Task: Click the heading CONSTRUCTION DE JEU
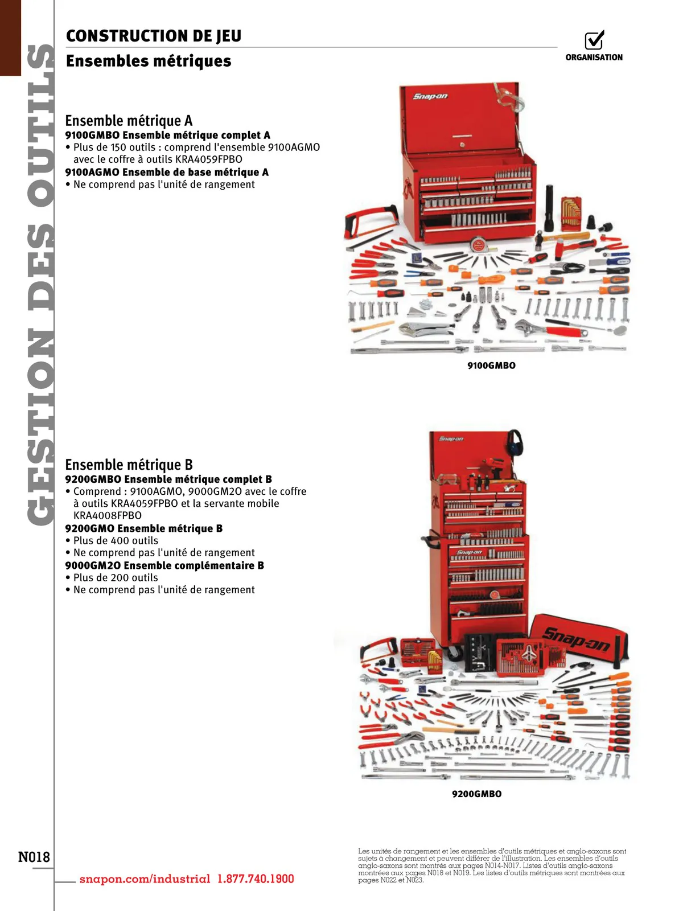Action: (x=154, y=36)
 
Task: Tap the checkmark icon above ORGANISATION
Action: (x=594, y=40)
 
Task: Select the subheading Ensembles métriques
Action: (x=149, y=61)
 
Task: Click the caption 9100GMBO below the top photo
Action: (x=491, y=366)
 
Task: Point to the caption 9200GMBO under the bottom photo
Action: (x=477, y=794)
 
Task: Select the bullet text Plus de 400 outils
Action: (x=116, y=540)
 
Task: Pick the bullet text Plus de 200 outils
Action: (x=116, y=577)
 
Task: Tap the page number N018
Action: (x=34, y=857)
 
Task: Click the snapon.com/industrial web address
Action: (x=145, y=879)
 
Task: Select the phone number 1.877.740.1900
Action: (x=256, y=879)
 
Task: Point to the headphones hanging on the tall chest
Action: (x=515, y=442)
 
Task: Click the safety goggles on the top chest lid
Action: (x=508, y=97)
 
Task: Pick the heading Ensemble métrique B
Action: (x=129, y=465)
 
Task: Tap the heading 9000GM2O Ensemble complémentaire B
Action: (x=164, y=565)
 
